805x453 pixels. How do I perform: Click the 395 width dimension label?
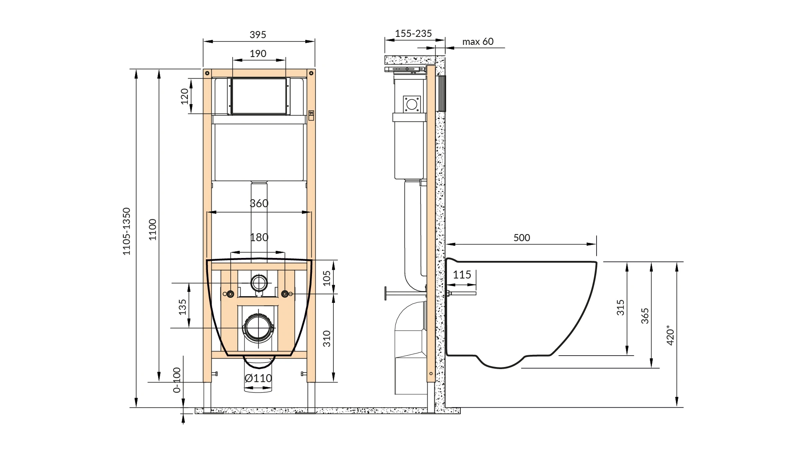258,35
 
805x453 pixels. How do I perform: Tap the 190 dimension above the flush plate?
258,54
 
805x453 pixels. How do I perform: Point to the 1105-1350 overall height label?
127,231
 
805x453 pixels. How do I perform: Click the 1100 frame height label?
153,229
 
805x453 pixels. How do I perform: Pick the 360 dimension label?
259,203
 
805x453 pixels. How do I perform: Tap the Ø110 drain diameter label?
258,378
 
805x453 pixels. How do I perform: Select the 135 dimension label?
182,307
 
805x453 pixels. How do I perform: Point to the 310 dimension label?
327,339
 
